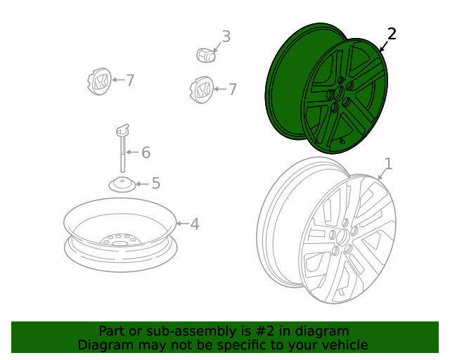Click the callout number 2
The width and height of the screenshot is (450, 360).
(392, 34)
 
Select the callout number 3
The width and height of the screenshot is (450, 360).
(226, 37)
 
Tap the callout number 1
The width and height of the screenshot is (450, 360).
(388, 164)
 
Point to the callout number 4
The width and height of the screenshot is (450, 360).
(195, 224)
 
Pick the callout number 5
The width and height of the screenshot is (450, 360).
(156, 183)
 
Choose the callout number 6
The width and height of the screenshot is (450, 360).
(146, 153)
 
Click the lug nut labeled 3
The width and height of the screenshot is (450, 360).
(206, 55)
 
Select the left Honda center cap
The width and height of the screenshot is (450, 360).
(99, 82)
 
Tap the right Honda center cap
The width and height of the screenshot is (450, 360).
(202, 90)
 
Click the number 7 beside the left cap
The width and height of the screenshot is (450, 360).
(130, 80)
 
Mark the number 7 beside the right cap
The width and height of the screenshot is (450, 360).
(233, 89)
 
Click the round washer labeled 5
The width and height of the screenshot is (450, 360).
(122, 185)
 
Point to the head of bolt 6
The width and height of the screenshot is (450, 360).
(123, 130)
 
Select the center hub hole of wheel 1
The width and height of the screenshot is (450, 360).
(342, 238)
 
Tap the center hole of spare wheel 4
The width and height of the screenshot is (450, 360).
(118, 243)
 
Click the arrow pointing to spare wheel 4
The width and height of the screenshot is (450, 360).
(183, 224)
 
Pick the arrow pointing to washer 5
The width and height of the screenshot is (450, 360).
(142, 184)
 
